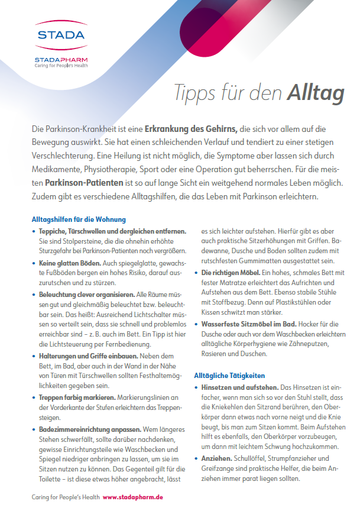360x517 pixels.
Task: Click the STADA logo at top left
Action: [x=60, y=35]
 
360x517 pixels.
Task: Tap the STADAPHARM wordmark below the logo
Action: [x=60, y=60]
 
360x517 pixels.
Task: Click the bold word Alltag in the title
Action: [x=316, y=93]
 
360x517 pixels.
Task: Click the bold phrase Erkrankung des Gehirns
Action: [x=187, y=128]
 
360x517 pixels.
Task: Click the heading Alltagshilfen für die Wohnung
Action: [x=79, y=219]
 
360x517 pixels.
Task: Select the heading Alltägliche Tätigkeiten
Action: [x=230, y=375]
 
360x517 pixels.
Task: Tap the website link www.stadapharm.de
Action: [x=133, y=497]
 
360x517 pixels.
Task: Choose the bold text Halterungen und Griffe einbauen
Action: [x=88, y=356]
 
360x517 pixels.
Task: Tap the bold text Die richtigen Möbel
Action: [x=231, y=273]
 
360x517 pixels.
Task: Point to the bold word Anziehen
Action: [x=216, y=458]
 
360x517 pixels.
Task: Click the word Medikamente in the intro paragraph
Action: [x=59, y=169]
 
